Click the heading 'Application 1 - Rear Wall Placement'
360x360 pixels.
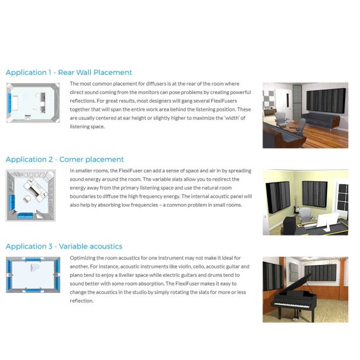pyautogui.click(x=68, y=73)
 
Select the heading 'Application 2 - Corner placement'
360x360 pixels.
pyautogui.click(x=64, y=159)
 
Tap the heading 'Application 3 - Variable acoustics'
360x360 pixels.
pyautogui.click(x=63, y=246)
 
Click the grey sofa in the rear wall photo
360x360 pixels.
pyautogui.click(x=322, y=121)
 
